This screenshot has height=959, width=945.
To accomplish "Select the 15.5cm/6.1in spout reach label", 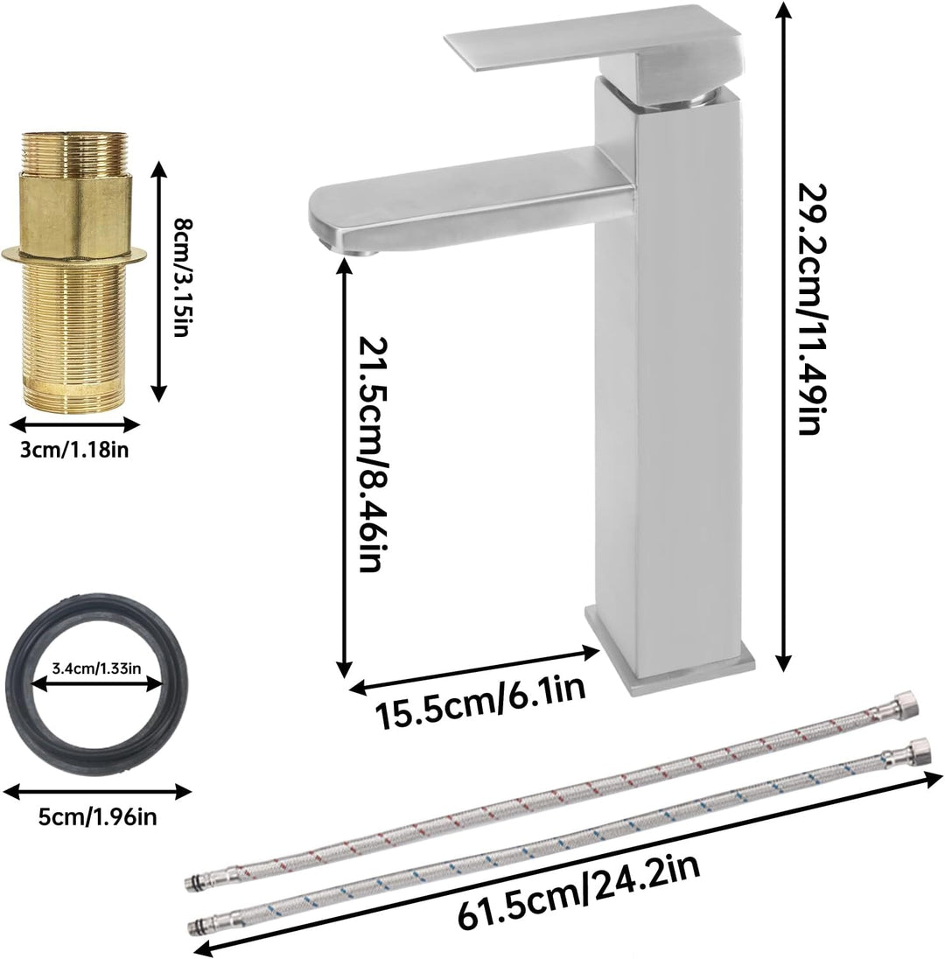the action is point(480,702).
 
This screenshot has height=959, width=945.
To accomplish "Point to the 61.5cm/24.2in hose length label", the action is point(578,889).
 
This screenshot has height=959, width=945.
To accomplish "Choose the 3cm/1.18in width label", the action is point(74,450).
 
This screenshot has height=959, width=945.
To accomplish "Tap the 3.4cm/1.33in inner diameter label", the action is point(96,668).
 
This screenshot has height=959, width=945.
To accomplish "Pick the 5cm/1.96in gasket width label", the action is point(97,815).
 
